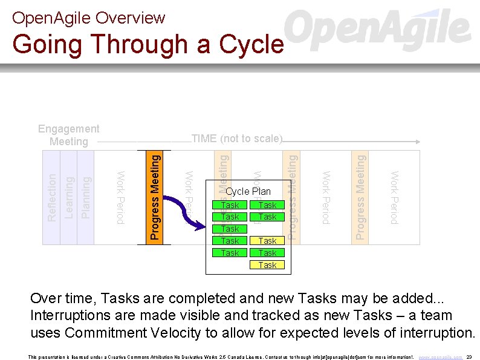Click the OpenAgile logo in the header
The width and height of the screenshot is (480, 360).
click(x=377, y=30)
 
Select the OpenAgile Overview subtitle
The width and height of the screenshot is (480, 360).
click(x=88, y=18)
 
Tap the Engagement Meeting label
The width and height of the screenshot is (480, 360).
click(x=68, y=135)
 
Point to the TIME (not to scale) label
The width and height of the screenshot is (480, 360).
click(x=236, y=139)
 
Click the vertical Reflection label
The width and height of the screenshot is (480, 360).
click(x=52, y=197)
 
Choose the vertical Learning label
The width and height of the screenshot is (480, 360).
click(x=69, y=197)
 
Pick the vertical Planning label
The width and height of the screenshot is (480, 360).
click(x=86, y=197)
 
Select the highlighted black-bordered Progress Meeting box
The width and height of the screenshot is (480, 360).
click(x=155, y=197)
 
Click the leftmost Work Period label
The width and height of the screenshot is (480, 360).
click(x=120, y=197)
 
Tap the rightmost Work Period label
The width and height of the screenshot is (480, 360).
click(x=394, y=197)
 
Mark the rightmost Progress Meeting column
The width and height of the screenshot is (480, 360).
click(x=360, y=197)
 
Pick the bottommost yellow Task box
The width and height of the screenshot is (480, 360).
click(x=267, y=265)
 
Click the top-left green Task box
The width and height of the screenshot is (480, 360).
click(x=230, y=205)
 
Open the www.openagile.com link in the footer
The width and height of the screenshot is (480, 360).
click(x=441, y=357)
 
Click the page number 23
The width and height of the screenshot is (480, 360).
click(x=469, y=357)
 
